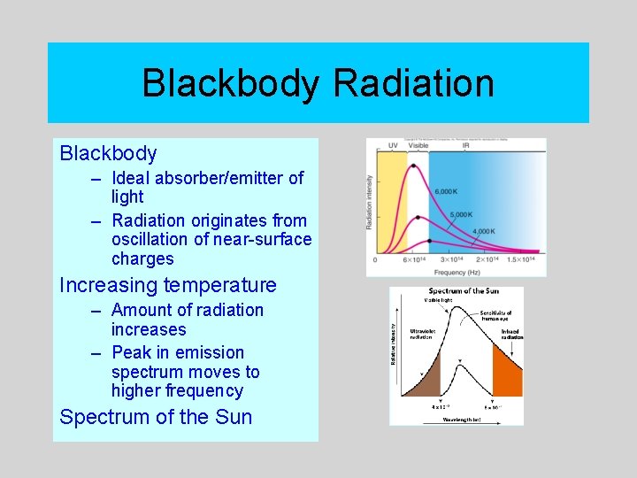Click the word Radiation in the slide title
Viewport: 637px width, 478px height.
413,84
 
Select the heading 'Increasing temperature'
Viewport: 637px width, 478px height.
167,285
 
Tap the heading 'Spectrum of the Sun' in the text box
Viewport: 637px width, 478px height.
156,417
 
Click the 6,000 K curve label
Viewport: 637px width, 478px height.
447,192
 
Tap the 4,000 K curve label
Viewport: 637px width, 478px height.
483,231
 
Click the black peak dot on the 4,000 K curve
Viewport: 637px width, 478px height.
429,240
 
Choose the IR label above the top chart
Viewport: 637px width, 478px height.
465,144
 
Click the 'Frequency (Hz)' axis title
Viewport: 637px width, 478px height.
459,272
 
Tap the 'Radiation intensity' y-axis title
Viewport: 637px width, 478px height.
370,201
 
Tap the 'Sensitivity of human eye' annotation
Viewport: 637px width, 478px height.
495,317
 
